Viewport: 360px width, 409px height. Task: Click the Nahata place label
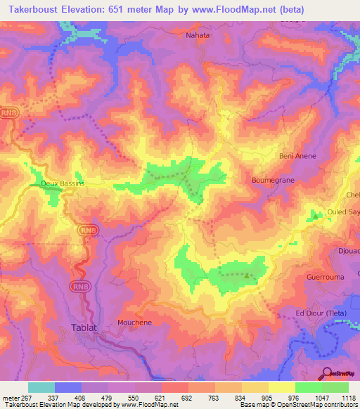coord(198,34)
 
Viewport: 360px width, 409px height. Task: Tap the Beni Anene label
coord(297,156)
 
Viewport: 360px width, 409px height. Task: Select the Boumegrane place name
coord(271,180)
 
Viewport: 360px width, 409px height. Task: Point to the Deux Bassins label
coord(63,183)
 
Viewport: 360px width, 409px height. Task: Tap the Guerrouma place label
coord(324,278)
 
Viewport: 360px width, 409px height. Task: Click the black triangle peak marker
coord(246,275)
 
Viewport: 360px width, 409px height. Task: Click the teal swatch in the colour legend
coord(41,387)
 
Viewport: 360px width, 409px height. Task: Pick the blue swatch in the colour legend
coord(68,387)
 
